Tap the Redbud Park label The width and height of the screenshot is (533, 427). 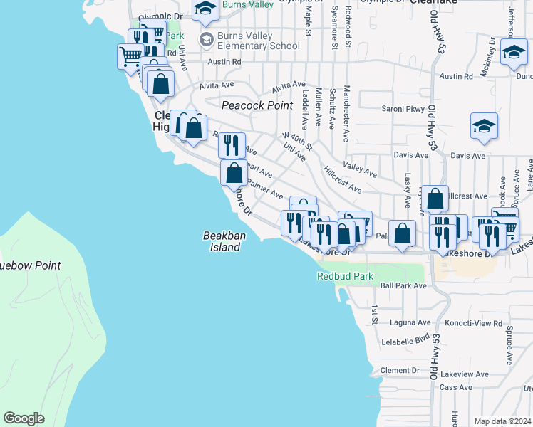pyautogui.click(x=346, y=276)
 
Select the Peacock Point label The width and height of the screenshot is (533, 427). pyautogui.click(x=257, y=105)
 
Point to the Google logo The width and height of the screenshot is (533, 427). pyautogui.click(x=24, y=418)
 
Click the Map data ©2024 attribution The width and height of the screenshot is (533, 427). pyautogui.click(x=502, y=421)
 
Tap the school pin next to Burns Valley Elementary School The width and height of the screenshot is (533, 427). pyautogui.click(x=207, y=38)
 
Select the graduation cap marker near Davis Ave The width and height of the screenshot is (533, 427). pyautogui.click(x=484, y=126)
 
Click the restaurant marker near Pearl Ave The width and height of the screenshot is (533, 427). pyautogui.click(x=232, y=145)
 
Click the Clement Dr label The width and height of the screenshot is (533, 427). pyautogui.click(x=400, y=370)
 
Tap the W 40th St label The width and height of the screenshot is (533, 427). pyautogui.click(x=297, y=141)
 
